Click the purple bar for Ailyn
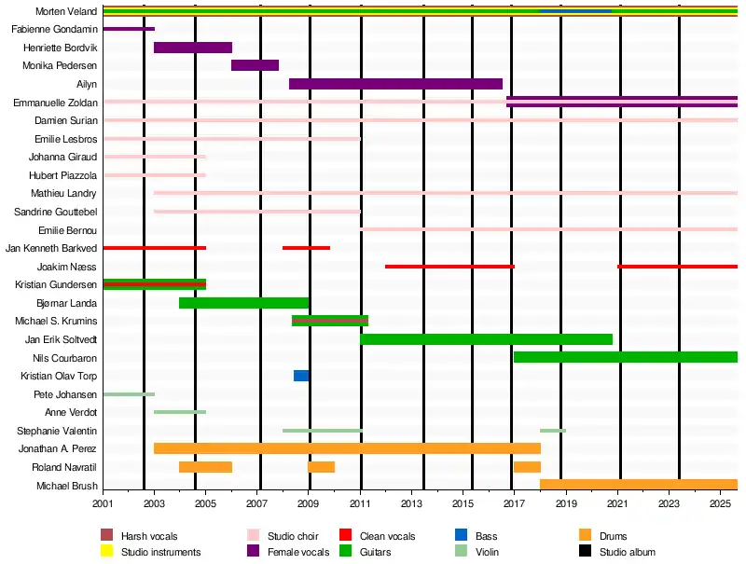point(395,84)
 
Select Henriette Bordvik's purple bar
point(193,48)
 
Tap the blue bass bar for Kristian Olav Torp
point(301,376)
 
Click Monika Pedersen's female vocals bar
point(255,65)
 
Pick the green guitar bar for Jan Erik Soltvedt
point(486,339)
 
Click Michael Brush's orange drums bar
point(639,485)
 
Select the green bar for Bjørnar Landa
point(243,303)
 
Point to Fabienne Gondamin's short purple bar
point(129,29)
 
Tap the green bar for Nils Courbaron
point(626,357)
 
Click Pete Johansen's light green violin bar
point(129,394)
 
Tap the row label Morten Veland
point(65,12)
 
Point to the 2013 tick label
point(411,503)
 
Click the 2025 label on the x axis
point(720,503)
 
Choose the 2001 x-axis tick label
point(103,503)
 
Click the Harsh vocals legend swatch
point(107,536)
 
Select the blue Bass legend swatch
point(461,536)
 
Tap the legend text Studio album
point(628,552)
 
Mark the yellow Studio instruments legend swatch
point(107,552)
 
